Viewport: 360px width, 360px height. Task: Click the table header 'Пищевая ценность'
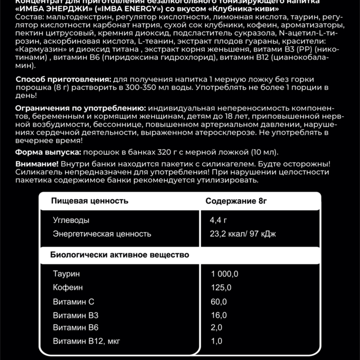(x=90, y=201)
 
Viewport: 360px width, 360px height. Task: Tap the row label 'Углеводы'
(x=71, y=220)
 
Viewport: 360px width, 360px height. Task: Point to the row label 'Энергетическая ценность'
(x=102, y=234)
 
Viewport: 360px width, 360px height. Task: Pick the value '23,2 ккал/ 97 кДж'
(x=243, y=234)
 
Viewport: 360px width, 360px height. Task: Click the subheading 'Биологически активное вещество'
(x=120, y=254)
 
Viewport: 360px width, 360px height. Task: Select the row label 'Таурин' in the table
(x=67, y=274)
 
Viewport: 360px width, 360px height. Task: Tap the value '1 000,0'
(x=225, y=274)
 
